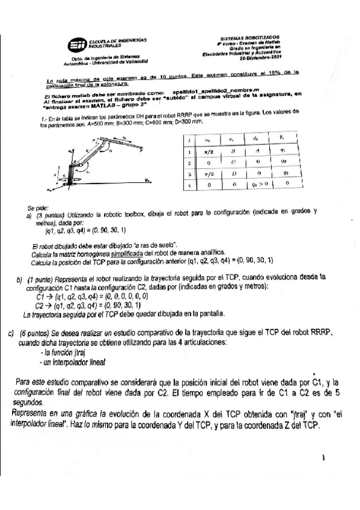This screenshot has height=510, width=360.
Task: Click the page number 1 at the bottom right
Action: [x=324, y=458]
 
